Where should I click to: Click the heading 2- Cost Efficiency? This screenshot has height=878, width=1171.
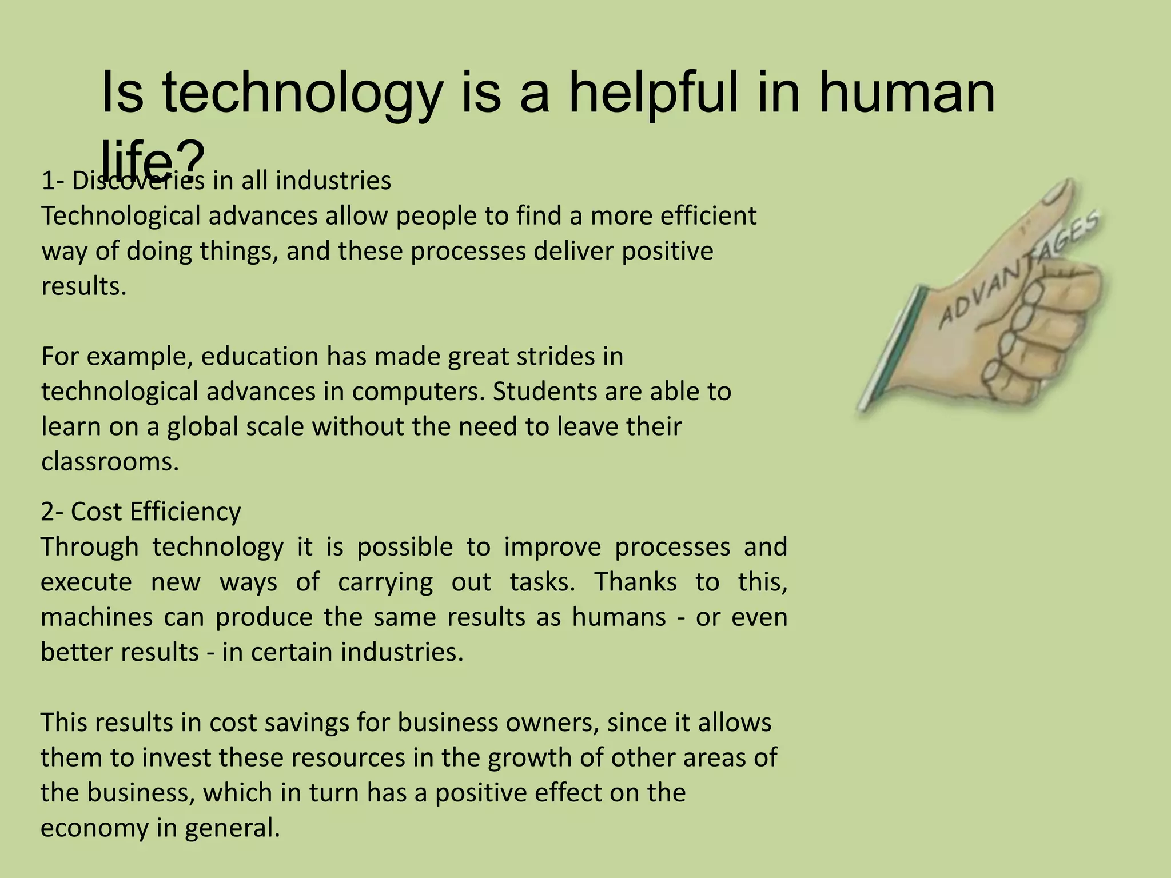pyautogui.click(x=141, y=511)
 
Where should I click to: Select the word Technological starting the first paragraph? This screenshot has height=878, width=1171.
pyautogui.click(x=121, y=216)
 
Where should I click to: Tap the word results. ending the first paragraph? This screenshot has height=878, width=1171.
pyautogui.click(x=83, y=286)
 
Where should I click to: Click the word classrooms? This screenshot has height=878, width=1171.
pyautogui.click(x=110, y=461)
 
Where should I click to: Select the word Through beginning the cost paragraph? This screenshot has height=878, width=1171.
pyautogui.click(x=90, y=546)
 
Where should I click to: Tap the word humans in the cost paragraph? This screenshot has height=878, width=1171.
pyautogui.click(x=619, y=617)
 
